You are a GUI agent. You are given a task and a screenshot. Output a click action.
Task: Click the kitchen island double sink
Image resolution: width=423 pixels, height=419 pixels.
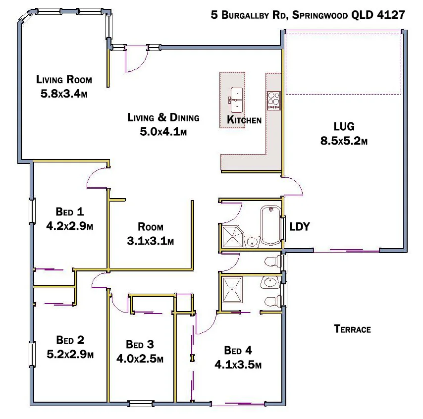(x=236, y=98)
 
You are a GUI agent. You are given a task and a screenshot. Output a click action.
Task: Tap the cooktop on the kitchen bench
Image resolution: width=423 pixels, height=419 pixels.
(x=274, y=101)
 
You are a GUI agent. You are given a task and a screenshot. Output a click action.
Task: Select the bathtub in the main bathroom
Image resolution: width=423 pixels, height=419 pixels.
(x=270, y=226)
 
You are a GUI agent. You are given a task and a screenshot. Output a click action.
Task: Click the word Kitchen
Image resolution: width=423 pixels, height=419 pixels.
(x=244, y=120)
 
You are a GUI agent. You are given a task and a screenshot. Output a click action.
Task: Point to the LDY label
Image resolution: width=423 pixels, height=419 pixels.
(x=300, y=227)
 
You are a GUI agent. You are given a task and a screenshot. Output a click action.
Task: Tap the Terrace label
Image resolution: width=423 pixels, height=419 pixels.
(x=352, y=329)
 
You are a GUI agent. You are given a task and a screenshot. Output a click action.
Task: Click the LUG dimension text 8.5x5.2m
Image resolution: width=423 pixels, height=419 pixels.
(x=344, y=141)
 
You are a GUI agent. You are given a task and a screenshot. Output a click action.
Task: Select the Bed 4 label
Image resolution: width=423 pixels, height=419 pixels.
(x=238, y=351)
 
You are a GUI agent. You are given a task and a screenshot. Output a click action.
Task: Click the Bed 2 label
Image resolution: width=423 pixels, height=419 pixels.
(x=70, y=340)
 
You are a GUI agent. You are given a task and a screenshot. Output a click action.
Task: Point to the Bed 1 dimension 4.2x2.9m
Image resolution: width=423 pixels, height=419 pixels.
(x=70, y=226)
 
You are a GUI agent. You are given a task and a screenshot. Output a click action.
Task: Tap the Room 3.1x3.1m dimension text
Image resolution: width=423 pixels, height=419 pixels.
(x=150, y=241)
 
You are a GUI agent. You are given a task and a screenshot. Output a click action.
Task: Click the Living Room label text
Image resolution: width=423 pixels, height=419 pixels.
(x=64, y=79)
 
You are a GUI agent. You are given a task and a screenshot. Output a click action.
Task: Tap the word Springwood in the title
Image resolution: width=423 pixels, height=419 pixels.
(x=319, y=15)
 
